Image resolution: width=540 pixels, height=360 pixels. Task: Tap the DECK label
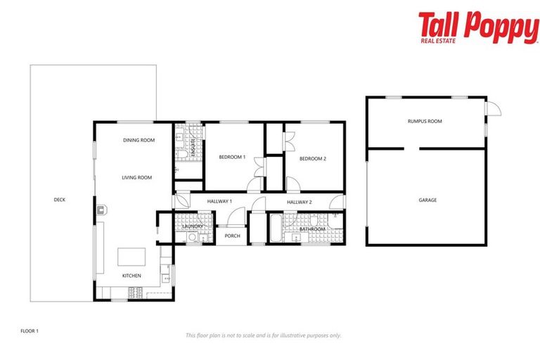point(60,200)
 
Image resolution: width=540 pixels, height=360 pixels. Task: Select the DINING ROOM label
point(139,140)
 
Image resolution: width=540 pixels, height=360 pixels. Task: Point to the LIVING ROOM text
point(136,177)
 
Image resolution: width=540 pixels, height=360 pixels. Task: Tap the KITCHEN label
point(131,276)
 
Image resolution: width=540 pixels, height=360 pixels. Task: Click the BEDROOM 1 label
point(232,157)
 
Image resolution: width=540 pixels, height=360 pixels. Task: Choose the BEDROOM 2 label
point(313,158)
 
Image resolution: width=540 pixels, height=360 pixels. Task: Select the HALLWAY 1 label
point(219,202)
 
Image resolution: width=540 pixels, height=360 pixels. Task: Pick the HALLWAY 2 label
point(300,202)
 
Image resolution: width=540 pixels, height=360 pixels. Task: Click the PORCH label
point(233,236)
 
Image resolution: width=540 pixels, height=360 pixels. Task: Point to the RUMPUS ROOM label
point(425,121)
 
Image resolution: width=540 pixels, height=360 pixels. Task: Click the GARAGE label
point(427,200)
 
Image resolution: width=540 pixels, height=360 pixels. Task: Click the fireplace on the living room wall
point(101,209)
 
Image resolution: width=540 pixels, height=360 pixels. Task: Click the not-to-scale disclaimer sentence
point(263,335)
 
